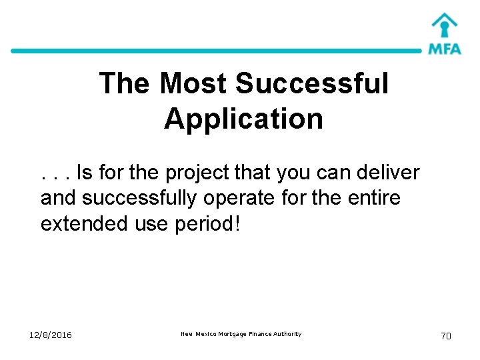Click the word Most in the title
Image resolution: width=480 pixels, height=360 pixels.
[193, 84]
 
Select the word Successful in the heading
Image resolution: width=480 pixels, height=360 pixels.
[312, 84]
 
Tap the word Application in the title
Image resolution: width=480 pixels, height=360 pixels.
[243, 119]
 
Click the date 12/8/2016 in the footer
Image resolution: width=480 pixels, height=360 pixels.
[50, 335]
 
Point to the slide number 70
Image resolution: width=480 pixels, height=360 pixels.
[445, 336]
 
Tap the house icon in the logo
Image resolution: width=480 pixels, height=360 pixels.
[444, 26]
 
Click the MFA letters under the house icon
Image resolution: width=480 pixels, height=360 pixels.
[444, 49]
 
